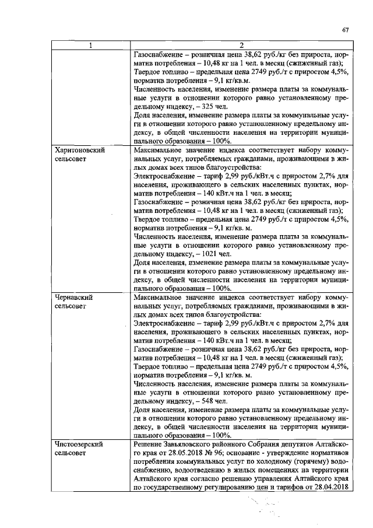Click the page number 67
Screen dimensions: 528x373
click(344, 30)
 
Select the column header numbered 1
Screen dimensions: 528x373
click(91, 46)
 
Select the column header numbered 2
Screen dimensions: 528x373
click(240, 46)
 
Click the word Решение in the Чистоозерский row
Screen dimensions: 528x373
click(149, 445)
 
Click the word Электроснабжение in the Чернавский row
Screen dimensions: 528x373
click(166, 323)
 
